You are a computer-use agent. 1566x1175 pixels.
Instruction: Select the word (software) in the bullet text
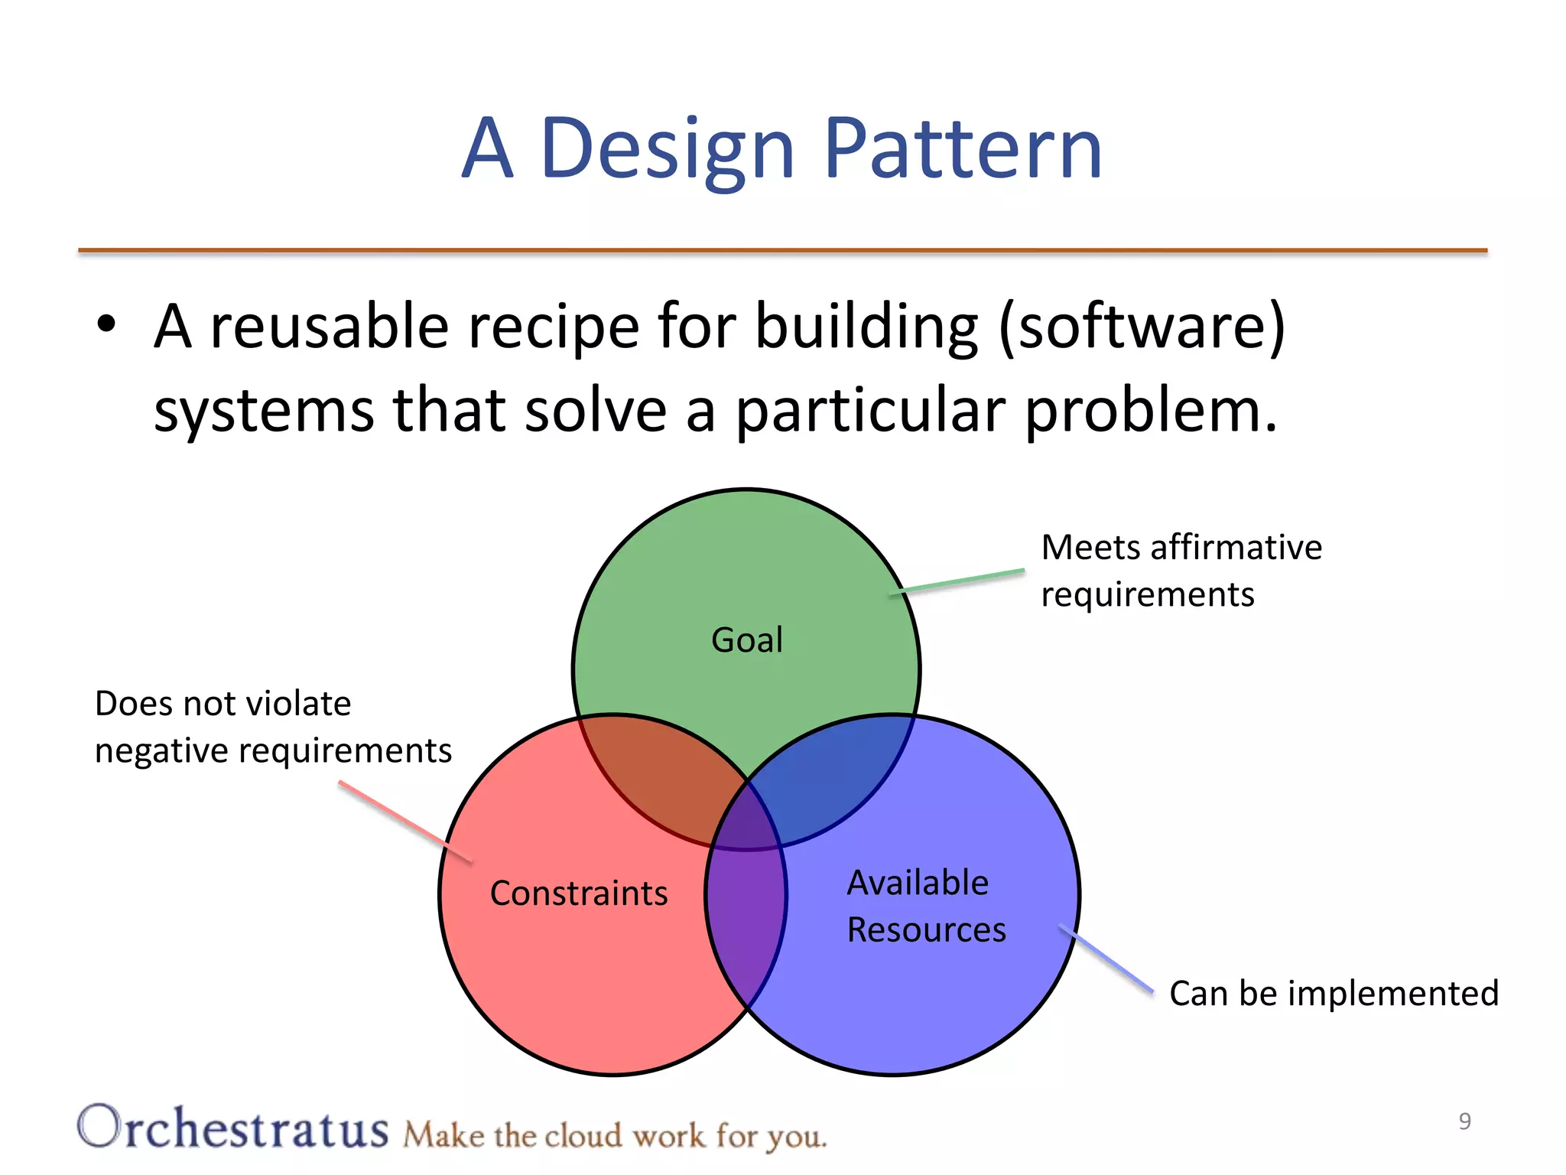[x=1142, y=327]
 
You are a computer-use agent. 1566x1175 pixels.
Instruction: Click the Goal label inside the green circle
[x=747, y=640]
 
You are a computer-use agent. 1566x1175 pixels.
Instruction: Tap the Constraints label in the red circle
[x=579, y=893]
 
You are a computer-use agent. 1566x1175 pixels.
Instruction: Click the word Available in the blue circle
[x=918, y=883]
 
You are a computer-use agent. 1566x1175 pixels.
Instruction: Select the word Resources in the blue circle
[x=926, y=930]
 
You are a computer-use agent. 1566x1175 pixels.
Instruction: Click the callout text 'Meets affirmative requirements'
[x=1181, y=571]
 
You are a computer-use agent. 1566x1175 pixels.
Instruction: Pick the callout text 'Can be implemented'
[x=1334, y=993]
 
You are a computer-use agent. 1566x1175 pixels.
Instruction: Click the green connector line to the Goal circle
[x=959, y=581]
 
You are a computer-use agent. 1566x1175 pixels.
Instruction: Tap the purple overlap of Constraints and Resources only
[x=746, y=918]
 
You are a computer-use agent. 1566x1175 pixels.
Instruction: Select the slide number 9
[x=1464, y=1121]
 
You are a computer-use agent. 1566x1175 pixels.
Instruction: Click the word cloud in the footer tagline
[x=583, y=1136]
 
